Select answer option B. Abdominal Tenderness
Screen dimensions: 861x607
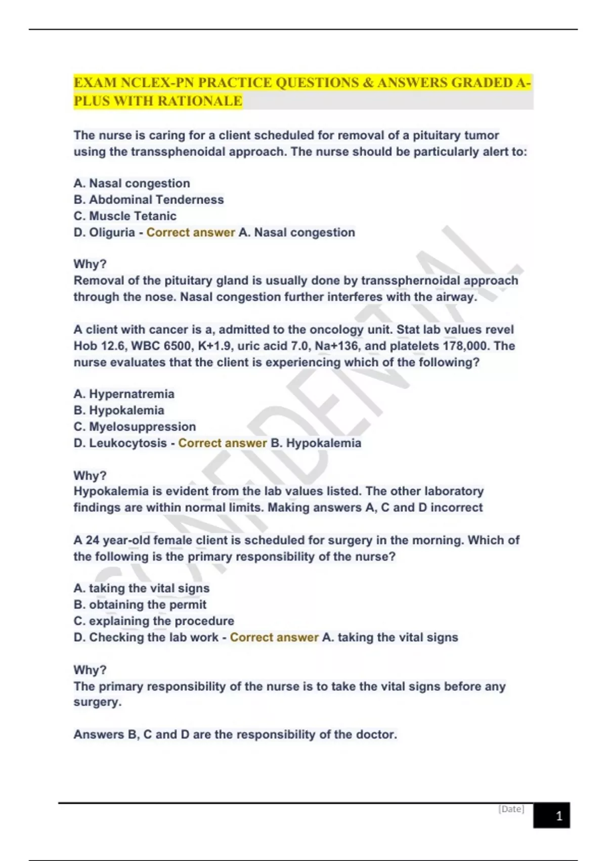click(x=149, y=200)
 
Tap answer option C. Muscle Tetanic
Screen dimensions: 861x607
click(x=125, y=216)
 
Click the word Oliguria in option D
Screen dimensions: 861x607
click(x=112, y=232)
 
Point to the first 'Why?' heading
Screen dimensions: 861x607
click(x=90, y=264)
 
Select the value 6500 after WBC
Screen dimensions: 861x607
click(x=177, y=346)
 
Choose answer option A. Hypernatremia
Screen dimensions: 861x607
click(x=124, y=394)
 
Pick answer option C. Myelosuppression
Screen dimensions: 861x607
click(x=135, y=426)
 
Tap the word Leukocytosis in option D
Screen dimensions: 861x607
click(x=127, y=443)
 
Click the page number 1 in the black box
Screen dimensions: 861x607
click(x=558, y=816)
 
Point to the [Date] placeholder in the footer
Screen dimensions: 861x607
click(x=511, y=809)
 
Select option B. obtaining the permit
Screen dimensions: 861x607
click(x=140, y=604)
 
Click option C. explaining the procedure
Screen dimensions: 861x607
click(x=154, y=621)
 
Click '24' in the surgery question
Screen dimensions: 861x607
click(x=92, y=540)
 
